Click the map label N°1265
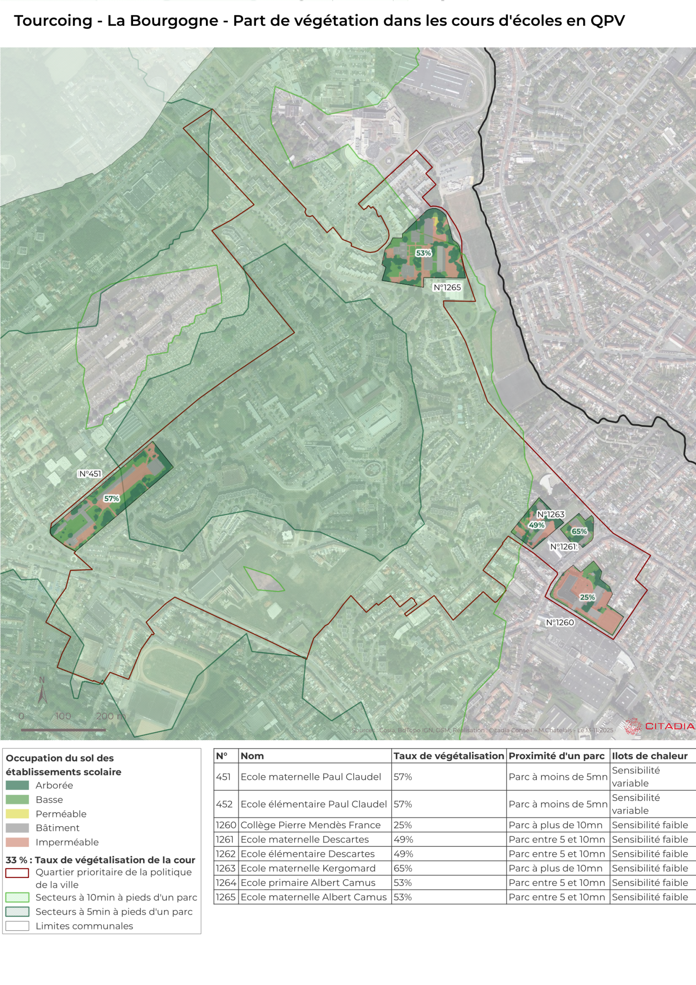[447, 288]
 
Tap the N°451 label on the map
[90, 474]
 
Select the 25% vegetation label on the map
[587, 597]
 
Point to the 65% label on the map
[579, 531]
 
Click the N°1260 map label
[560, 622]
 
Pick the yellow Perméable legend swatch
[17, 814]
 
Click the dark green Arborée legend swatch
[17, 785]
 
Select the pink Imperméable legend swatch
[17, 842]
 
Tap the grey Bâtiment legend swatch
[17, 828]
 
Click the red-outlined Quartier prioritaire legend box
[17, 873]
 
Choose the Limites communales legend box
[17, 926]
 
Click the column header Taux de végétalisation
[448, 756]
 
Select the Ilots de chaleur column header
[649, 756]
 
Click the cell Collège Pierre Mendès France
[310, 825]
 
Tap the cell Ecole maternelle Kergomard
[308, 868]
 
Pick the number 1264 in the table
[226, 882]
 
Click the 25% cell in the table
[403, 825]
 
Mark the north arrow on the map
[42, 692]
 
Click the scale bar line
[63, 730]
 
